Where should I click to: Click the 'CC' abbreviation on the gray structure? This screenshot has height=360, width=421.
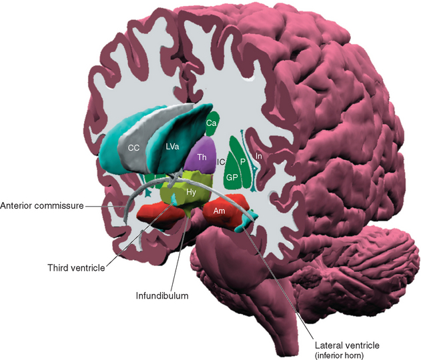point(133,147)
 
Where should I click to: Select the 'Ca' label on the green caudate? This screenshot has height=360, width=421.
point(212,123)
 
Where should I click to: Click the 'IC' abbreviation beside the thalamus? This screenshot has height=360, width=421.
point(220,161)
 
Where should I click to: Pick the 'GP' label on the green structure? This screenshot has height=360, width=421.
point(232,178)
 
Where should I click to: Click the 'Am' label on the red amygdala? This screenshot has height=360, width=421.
point(218,210)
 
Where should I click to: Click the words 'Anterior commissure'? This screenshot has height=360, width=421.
point(42,206)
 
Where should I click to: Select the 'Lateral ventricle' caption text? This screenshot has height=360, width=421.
point(348,345)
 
